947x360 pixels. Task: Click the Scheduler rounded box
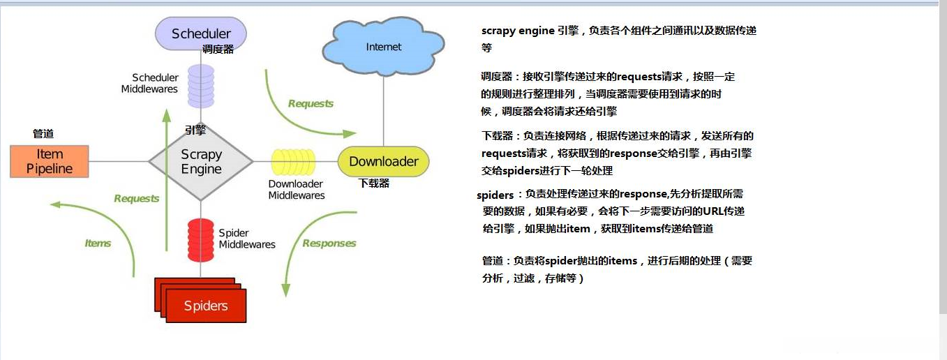click(200, 33)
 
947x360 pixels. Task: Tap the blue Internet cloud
click(383, 47)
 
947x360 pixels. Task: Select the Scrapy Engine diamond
click(201, 162)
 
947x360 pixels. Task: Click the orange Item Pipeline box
click(50, 161)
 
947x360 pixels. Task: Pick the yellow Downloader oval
click(383, 162)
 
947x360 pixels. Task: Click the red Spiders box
click(205, 306)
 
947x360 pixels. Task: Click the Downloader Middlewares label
click(297, 190)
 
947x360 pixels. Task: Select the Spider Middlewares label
click(246, 239)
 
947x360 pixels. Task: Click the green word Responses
click(329, 243)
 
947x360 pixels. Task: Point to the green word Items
click(98, 243)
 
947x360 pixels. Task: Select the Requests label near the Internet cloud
click(311, 104)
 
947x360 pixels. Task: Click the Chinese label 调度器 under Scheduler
click(218, 50)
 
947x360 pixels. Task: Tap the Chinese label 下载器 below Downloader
click(374, 183)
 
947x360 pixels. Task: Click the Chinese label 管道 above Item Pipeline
click(43, 133)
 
